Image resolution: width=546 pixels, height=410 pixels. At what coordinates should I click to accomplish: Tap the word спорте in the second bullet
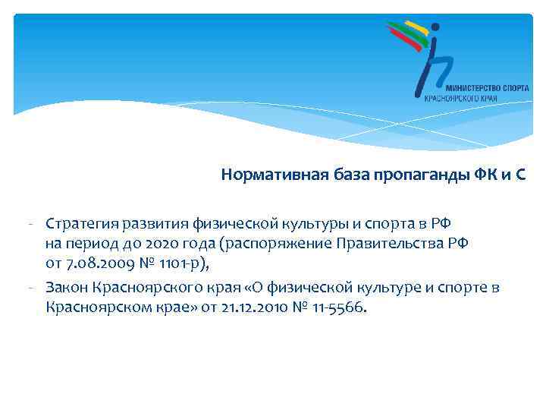click(464, 288)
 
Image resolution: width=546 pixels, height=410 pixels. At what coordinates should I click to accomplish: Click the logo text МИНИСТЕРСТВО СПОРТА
click(472, 87)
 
